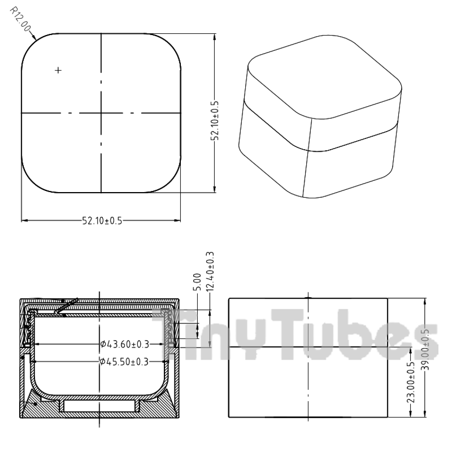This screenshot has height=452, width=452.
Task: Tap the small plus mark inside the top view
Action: point(58,70)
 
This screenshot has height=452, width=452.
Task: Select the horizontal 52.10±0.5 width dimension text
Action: point(102,221)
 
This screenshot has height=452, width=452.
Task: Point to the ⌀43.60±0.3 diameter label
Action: point(125,344)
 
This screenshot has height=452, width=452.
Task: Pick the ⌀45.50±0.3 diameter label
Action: point(125,362)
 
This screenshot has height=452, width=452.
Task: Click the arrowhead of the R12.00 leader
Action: point(35,38)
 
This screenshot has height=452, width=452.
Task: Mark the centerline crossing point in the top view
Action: point(101,113)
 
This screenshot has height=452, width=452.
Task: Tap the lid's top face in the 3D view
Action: point(324,75)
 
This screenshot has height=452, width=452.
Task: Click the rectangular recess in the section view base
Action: point(99,406)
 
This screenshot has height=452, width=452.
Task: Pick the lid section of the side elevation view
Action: point(308,322)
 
